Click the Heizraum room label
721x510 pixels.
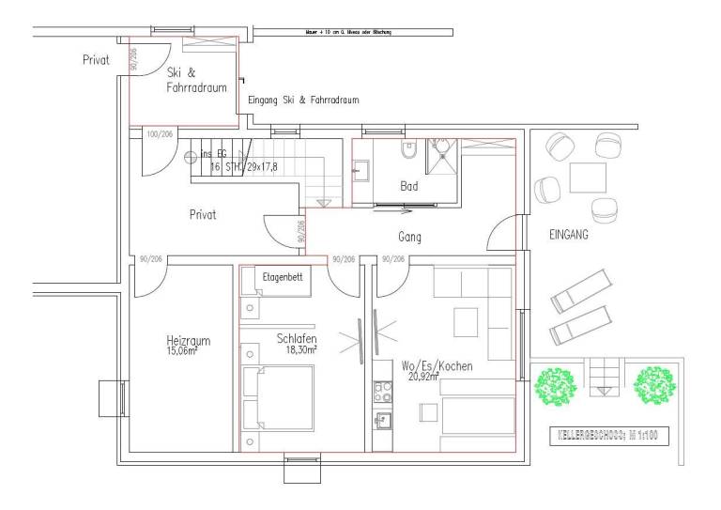click(186, 341)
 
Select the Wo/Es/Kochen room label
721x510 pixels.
click(437, 364)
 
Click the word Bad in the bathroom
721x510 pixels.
click(409, 187)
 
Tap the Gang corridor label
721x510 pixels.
click(410, 238)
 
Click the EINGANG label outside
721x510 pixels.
click(569, 236)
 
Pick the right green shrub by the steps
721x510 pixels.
click(655, 383)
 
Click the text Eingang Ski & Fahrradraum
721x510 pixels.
click(302, 100)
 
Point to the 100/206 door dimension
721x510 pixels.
click(160, 134)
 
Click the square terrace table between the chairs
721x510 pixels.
click(588, 178)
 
